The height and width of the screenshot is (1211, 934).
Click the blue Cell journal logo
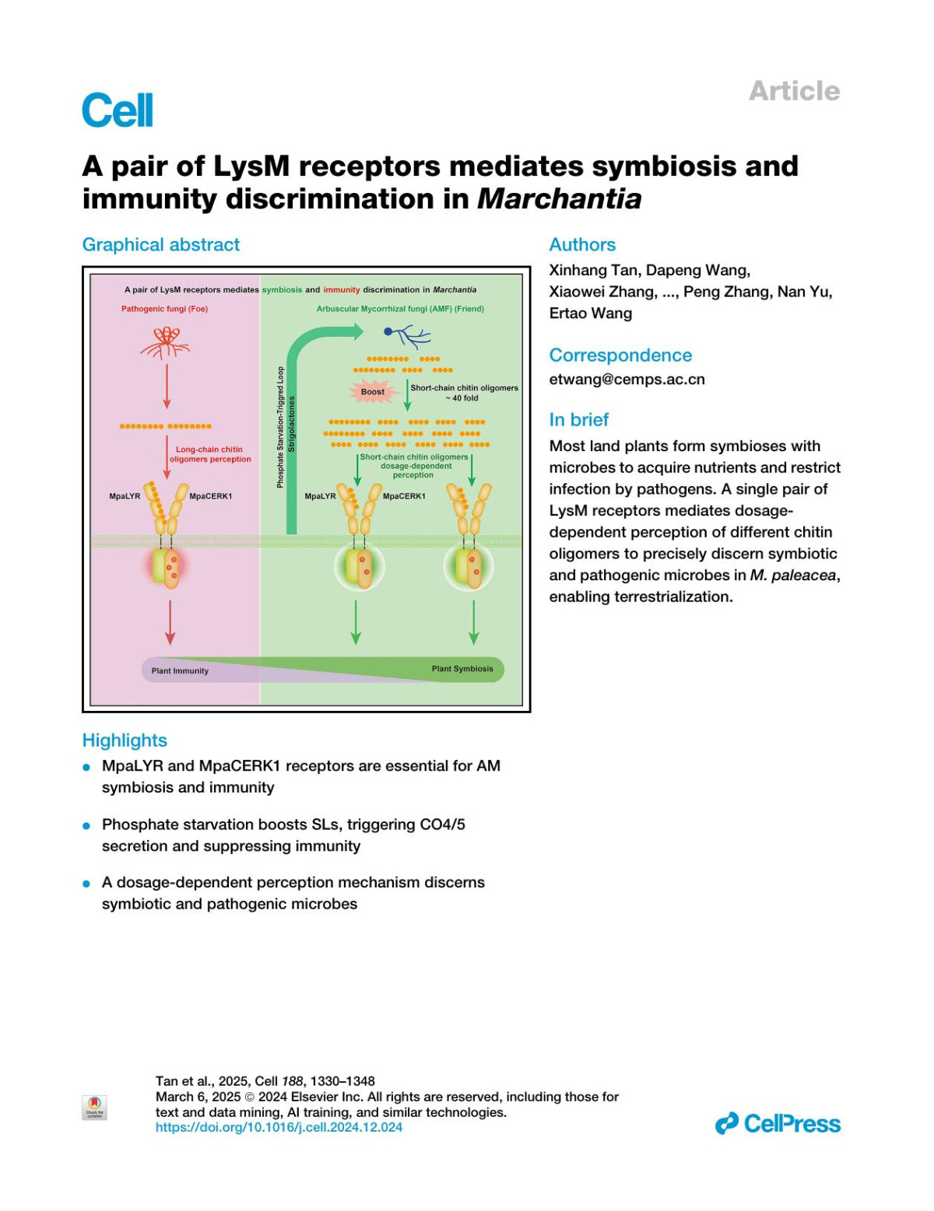point(118,110)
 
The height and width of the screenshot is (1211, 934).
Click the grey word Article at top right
point(794,91)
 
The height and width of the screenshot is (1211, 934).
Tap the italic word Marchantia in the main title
point(559,199)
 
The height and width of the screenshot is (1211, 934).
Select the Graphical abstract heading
point(161,245)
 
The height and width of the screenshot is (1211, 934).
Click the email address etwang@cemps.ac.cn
point(627,380)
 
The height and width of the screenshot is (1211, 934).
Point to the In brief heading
point(578,420)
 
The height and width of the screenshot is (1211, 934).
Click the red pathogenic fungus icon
point(166,342)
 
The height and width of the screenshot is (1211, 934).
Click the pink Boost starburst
point(373,392)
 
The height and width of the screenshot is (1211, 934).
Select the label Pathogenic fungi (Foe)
point(164,309)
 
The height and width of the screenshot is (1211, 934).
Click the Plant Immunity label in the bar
point(180,670)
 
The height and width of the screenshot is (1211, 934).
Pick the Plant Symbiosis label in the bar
point(462,669)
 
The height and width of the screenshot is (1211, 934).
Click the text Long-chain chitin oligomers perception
point(209,454)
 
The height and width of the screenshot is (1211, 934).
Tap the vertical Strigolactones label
point(292,425)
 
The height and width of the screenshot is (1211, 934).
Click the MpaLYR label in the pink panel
point(125,496)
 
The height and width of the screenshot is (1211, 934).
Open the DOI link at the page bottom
point(279,1128)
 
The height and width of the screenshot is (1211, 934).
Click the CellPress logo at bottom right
point(778,1124)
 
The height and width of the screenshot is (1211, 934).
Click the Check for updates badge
point(94,1107)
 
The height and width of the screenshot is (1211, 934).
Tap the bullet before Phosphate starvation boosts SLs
point(87,825)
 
